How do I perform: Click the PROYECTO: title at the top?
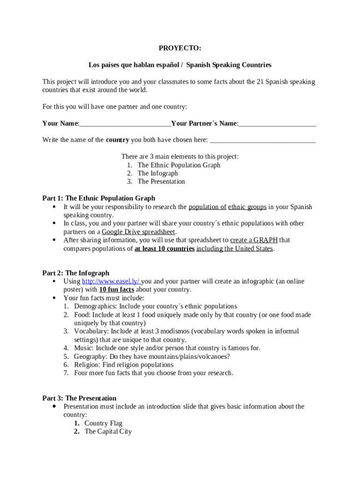[180, 48]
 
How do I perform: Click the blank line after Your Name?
[125, 124]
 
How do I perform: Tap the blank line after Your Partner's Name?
[277, 124]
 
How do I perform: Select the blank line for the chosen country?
[263, 140]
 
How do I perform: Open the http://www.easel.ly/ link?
[111, 282]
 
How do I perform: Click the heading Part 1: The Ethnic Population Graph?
[99, 198]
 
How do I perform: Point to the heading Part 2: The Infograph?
[76, 273]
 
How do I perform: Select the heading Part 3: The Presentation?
[79, 399]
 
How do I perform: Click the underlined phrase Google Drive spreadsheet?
[139, 232]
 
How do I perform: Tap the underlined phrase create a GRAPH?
[254, 240]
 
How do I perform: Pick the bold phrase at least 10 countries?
[165, 249]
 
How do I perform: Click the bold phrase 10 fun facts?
[116, 290]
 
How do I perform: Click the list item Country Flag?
[103, 424]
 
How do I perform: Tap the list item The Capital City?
[108, 432]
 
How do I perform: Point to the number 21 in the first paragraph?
[261, 82]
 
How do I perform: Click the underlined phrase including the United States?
[235, 249]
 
